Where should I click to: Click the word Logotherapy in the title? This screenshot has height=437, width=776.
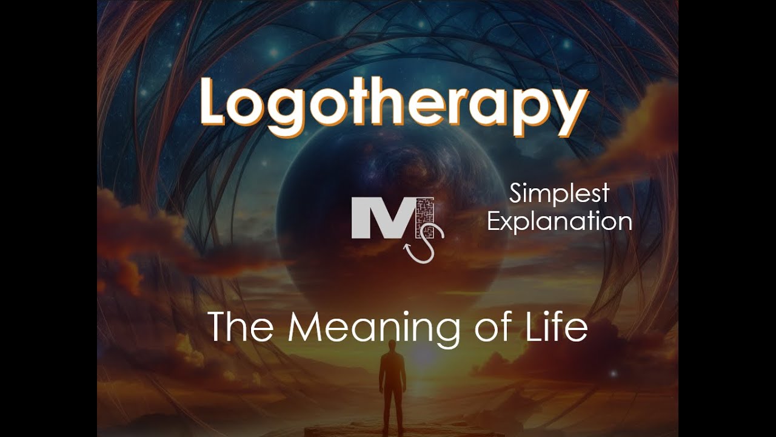[394, 108]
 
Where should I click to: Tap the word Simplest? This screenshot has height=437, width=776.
[559, 195]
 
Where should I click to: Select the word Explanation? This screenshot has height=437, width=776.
[559, 220]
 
